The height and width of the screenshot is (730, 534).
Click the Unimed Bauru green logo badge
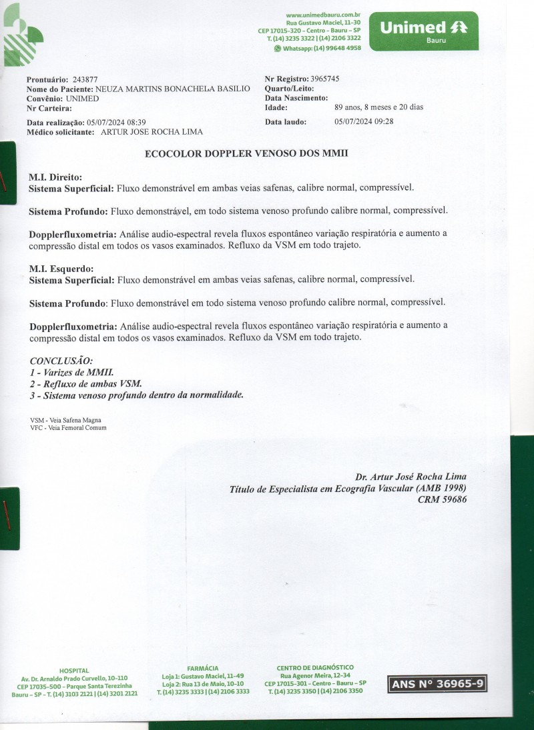423,31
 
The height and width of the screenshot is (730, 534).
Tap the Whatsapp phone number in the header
318,48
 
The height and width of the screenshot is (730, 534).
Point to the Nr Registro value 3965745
325,79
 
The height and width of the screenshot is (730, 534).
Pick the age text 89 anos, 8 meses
378,107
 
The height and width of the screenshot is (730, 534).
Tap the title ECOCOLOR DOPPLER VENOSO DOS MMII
246,153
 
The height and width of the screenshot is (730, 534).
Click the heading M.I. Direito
55,177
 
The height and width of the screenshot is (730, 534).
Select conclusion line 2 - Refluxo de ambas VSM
86,383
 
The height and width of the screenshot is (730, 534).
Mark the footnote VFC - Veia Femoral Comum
68,428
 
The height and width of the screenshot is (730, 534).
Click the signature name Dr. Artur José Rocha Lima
411,477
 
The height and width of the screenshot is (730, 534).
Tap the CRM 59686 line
442,499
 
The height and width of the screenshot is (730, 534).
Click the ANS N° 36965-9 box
437,684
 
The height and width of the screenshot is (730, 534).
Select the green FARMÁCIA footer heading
202,668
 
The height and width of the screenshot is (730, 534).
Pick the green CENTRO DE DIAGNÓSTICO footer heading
315,667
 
